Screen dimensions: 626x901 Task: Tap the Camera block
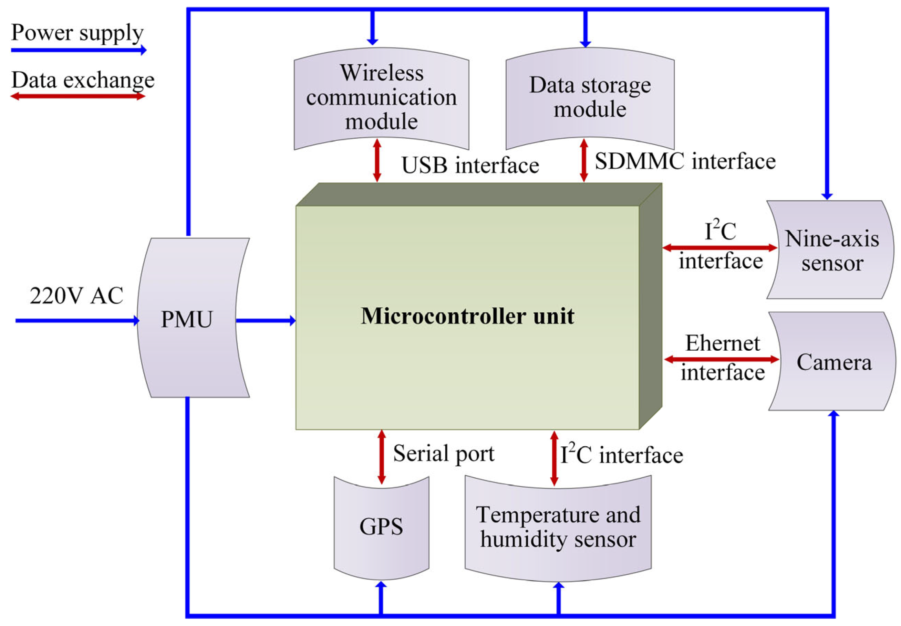pyautogui.click(x=833, y=362)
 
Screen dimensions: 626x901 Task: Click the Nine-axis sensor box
pyautogui.click(x=831, y=250)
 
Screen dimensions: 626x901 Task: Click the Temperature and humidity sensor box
pyautogui.click(x=558, y=527)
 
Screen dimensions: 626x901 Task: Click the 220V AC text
pyautogui.click(x=76, y=296)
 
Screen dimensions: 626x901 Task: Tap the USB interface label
pyautogui.click(x=470, y=165)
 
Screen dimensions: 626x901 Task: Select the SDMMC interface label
pyautogui.click(x=685, y=161)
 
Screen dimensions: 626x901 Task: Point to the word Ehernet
pyautogui.click(x=723, y=343)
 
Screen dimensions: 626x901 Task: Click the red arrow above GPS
pyautogui.click(x=381, y=457)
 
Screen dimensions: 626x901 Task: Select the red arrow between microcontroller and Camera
pyautogui.click(x=721, y=359)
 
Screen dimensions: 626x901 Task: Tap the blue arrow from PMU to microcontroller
pyautogui.click(x=265, y=320)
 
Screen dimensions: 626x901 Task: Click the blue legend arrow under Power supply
pyautogui.click(x=79, y=50)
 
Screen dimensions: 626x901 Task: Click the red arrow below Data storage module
pyautogui.click(x=583, y=160)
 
